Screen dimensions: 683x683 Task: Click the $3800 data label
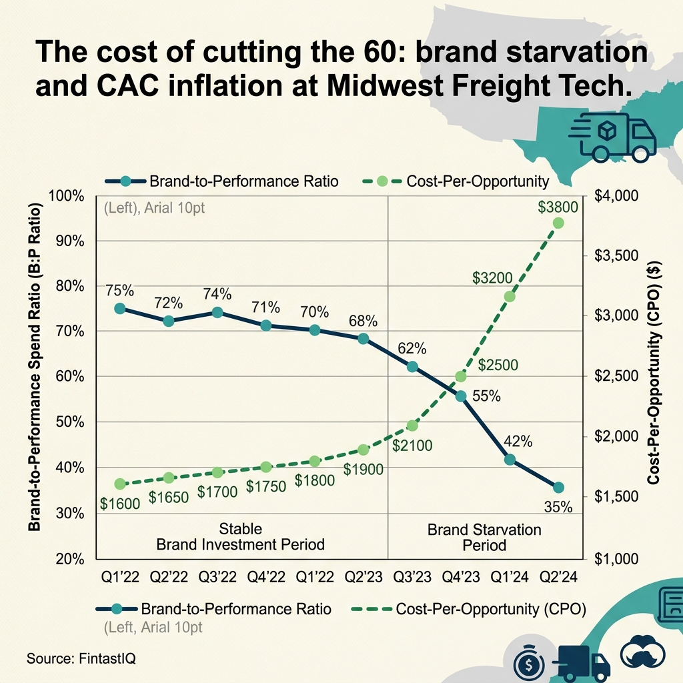pos(558,207)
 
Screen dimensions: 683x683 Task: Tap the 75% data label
pos(119,290)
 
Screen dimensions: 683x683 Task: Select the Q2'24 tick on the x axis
pos(558,577)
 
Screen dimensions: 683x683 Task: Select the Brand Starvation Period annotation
pos(484,537)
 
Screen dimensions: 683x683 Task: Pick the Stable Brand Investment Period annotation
pos(240,537)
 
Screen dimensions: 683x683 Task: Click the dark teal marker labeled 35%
pos(558,488)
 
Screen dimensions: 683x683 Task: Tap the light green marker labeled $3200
pos(510,297)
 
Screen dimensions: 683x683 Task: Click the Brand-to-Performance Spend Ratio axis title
pos(35,370)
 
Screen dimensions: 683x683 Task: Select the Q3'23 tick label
pos(412,577)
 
